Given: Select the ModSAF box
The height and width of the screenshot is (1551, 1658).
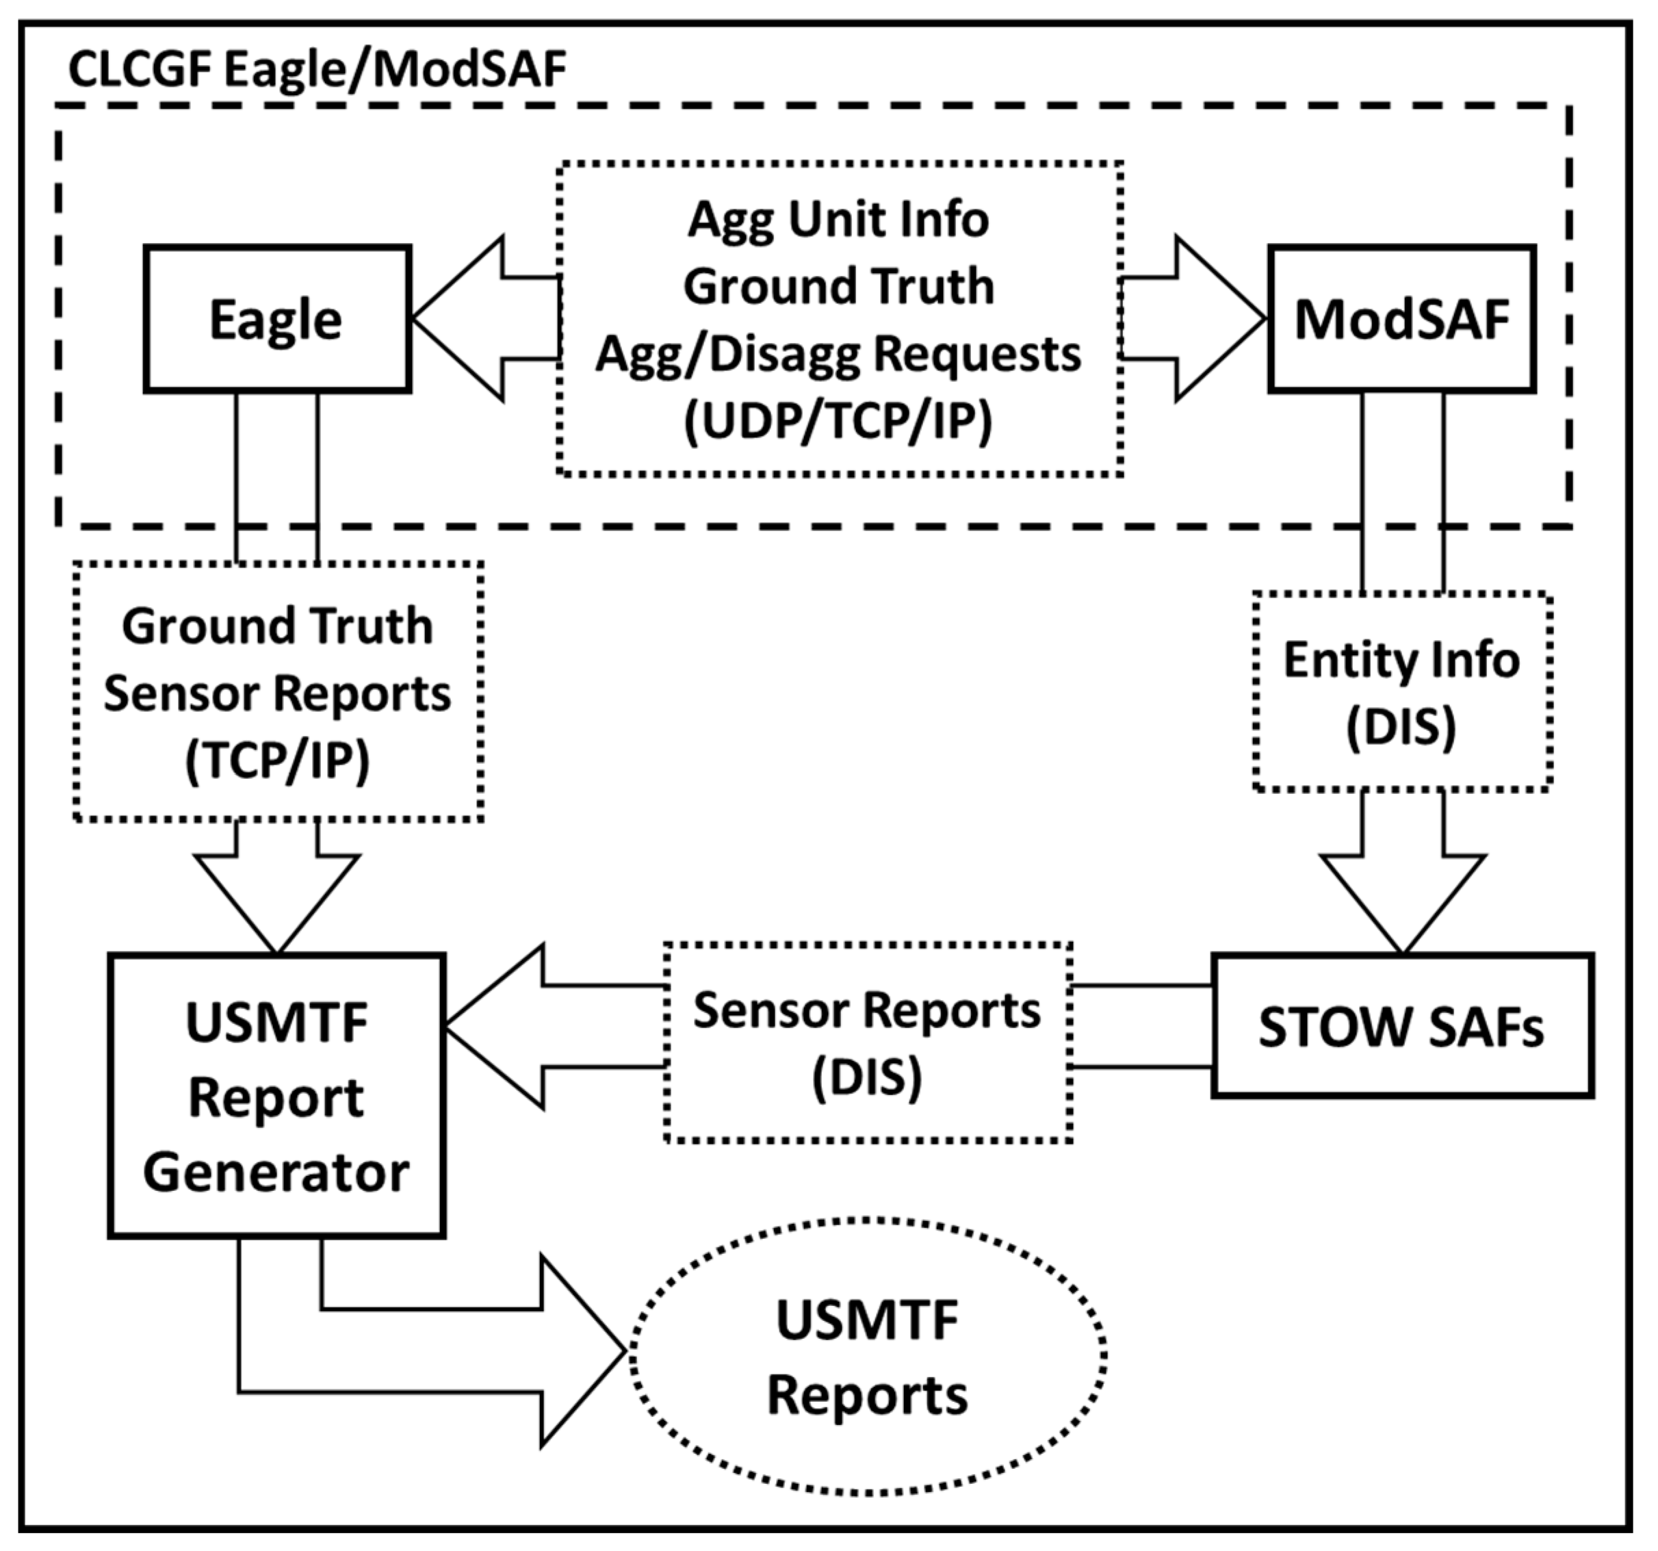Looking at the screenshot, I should coord(1401,319).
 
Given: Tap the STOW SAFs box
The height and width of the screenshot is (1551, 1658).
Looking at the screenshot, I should coord(1401,1025).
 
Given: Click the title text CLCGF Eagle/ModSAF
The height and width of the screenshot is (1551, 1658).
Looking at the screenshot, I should coord(317,70).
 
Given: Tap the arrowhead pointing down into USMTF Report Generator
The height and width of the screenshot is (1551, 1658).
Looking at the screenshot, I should coord(276,901).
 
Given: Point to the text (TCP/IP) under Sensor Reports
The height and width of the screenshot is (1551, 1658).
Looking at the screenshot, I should coord(277,761).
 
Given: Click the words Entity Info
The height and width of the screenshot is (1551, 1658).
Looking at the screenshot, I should coord(1401,660).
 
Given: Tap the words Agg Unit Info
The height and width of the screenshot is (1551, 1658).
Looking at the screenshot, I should coord(838,220).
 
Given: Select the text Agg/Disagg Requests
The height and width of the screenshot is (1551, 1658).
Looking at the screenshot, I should coord(838,354).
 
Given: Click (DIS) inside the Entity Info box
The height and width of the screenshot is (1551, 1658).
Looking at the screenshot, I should coord(1401,726).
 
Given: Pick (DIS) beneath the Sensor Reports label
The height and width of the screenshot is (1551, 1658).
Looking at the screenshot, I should coord(868,1076).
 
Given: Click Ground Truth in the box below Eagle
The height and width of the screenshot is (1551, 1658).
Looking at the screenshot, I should coord(277,626).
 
